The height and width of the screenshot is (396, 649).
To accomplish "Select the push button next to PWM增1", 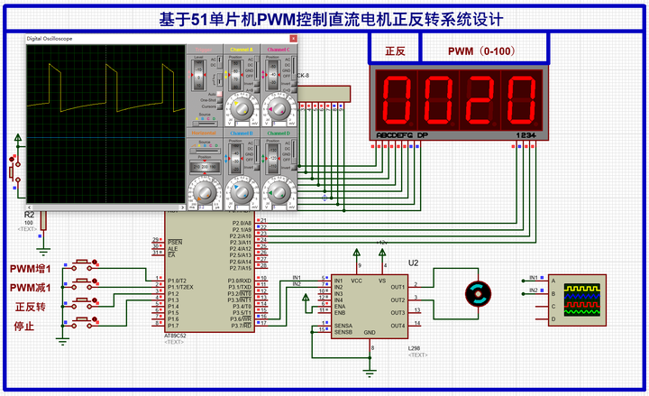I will [87, 264].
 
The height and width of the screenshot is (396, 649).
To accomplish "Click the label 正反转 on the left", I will [30, 307].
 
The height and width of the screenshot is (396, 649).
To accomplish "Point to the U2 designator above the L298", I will [414, 262].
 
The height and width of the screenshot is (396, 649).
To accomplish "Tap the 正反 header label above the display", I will [395, 51].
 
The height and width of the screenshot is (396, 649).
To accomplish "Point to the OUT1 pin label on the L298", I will [397, 287].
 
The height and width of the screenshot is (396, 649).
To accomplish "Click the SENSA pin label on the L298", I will [344, 326].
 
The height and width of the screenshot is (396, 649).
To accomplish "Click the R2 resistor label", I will [29, 215].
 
